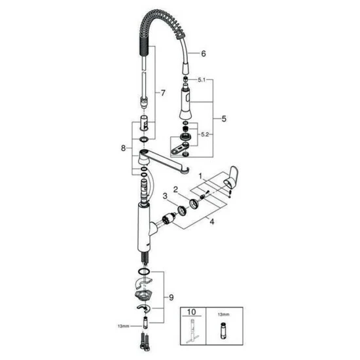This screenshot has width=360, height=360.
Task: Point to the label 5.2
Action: tap(206, 134)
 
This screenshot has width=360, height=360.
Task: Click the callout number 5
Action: tap(225, 120)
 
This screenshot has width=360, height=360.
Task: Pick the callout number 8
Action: tap(122, 149)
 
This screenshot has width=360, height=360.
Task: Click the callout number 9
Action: tap(172, 298)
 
